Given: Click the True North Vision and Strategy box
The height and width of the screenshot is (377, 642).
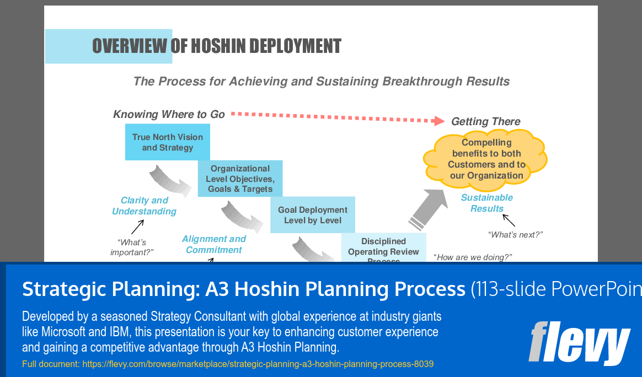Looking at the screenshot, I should [167, 142].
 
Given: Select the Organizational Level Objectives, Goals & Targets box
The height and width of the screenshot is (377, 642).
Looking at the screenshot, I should [240, 179].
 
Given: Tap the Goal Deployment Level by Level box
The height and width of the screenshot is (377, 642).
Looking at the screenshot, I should [312, 215].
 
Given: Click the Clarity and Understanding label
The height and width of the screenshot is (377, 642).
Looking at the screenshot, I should [144, 206].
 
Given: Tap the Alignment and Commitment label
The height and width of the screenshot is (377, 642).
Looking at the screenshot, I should [213, 244].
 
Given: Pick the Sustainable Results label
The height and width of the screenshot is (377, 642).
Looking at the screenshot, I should [486, 203].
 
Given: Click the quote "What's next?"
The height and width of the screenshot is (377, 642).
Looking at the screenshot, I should [515, 235].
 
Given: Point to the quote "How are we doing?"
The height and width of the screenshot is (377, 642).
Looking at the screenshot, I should [473, 257].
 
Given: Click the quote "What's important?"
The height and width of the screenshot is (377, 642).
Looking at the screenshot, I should [131, 247].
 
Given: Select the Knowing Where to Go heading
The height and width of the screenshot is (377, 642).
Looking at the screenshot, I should [169, 115].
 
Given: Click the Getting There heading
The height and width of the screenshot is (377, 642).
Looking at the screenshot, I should [485, 122].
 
